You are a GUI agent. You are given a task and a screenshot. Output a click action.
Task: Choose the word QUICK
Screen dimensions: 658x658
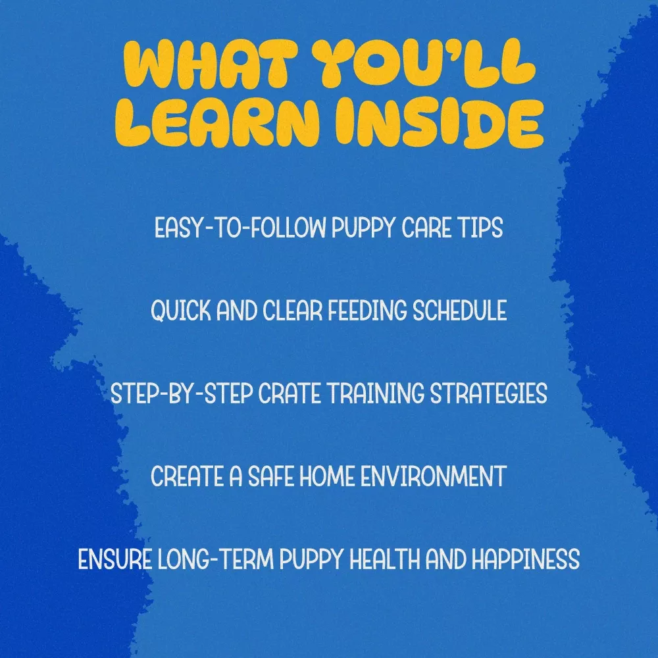pyautogui.click(x=181, y=311)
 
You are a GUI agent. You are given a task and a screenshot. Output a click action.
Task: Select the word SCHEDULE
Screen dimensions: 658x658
pyautogui.click(x=459, y=311)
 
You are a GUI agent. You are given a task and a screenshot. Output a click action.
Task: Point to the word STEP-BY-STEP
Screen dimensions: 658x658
pyautogui.click(x=182, y=393)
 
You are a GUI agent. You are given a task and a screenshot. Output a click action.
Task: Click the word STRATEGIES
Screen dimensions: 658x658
pyautogui.click(x=489, y=393)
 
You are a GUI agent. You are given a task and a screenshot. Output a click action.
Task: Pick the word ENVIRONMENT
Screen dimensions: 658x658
pyautogui.click(x=434, y=476)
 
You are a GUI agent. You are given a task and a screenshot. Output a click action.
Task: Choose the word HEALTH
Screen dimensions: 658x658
pyautogui.click(x=385, y=559)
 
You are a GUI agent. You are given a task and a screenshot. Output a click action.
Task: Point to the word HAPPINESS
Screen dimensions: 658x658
pyautogui.click(x=525, y=559)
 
